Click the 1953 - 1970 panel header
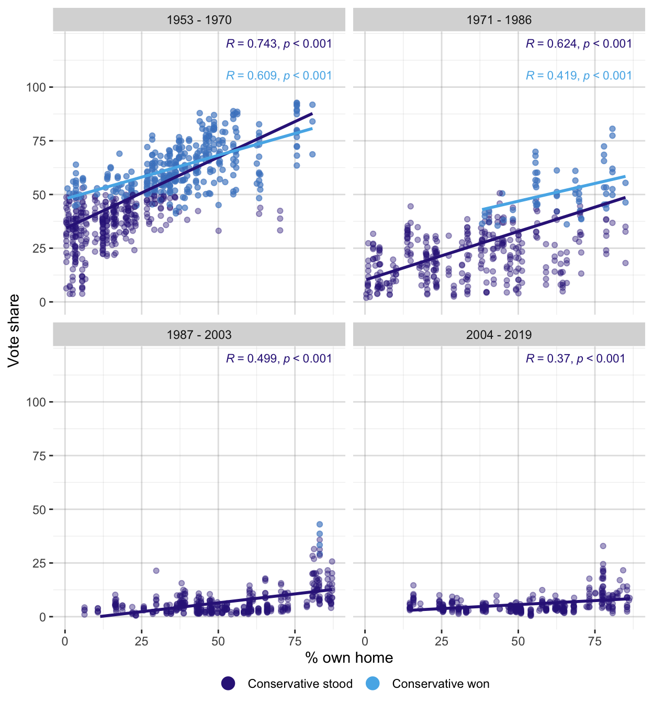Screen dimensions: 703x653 [199, 20]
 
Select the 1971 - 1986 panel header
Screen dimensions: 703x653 [499, 20]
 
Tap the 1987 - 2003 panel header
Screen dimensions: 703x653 [199, 335]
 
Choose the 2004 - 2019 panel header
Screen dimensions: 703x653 [499, 335]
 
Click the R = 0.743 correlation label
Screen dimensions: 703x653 [279, 44]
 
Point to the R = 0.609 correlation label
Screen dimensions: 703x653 [279, 76]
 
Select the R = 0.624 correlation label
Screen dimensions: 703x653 [579, 44]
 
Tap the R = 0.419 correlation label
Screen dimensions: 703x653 [579, 76]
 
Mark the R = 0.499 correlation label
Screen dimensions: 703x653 [279, 359]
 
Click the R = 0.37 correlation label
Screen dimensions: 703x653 [575, 359]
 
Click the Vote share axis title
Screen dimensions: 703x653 [14, 331]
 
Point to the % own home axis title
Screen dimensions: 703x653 [349, 658]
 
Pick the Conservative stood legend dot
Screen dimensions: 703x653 [228, 684]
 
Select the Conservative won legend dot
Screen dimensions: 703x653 [373, 684]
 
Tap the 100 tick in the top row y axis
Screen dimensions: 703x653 [36, 87]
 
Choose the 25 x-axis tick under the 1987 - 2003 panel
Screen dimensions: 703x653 [141, 642]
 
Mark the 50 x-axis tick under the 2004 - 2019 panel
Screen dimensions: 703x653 [518, 642]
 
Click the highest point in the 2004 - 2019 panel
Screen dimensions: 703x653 [603, 546]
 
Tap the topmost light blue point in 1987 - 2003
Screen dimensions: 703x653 [320, 524]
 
